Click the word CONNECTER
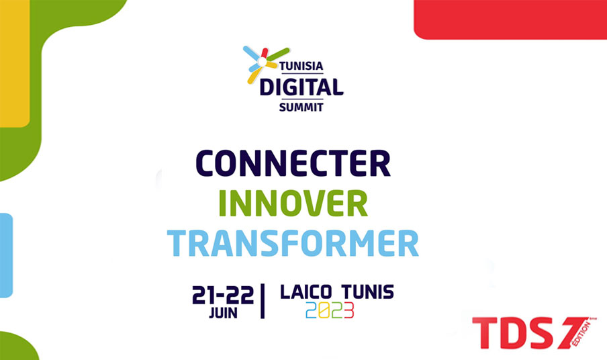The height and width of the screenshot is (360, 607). pos(293,163)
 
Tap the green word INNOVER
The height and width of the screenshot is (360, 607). pos(293,204)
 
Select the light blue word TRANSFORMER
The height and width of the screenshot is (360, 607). pos(293,243)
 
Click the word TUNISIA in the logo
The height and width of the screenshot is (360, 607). pos(301,66)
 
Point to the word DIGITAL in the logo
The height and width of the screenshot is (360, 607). pos(301,87)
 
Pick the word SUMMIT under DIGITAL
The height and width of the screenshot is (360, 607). pos(301,107)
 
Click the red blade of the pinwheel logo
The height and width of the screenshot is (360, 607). pos(265,53)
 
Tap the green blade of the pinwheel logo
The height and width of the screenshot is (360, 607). pos(279,54)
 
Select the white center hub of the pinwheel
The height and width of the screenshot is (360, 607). pos(263,62)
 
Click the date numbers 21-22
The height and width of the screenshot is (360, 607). pos(223,296)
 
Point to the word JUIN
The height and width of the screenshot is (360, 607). pos(224,313)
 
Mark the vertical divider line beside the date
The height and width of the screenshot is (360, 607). pos(263,301)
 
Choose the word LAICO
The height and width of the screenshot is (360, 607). pos(306,292)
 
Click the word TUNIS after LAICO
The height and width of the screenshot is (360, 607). pos(368,292)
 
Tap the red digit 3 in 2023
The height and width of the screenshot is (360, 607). pos(348,310)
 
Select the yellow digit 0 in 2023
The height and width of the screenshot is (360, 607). pos(324,310)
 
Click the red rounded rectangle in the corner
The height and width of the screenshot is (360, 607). pos(510,19)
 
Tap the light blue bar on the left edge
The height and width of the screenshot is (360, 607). pos(6,255)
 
